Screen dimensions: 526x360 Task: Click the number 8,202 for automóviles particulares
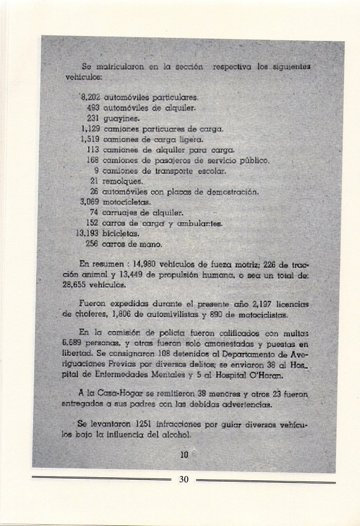point(91,96)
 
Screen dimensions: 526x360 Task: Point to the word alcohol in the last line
point(175,435)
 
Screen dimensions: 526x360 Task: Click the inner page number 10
point(184,456)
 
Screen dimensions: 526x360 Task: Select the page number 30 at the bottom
point(184,479)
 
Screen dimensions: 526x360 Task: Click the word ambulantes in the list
point(202,223)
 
